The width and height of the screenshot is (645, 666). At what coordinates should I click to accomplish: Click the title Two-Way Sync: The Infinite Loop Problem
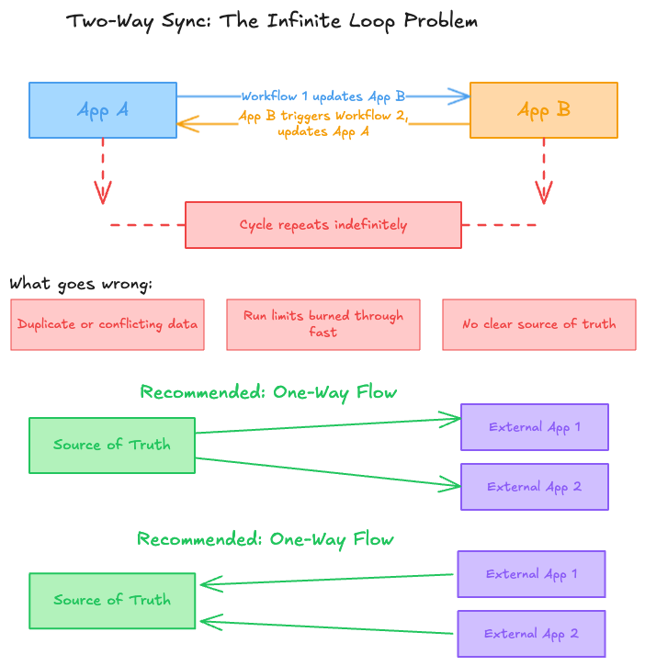click(272, 20)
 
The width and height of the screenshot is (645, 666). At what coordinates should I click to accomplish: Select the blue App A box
click(103, 110)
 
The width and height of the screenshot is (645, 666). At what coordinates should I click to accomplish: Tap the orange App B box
click(543, 110)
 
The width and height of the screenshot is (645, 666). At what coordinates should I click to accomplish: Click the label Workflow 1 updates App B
click(322, 96)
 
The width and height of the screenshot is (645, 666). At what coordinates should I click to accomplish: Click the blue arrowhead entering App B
click(459, 96)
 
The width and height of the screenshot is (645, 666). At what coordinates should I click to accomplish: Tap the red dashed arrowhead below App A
click(103, 192)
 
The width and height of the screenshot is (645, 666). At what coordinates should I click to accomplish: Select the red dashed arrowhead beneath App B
click(544, 192)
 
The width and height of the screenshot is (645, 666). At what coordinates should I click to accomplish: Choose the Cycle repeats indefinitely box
click(322, 225)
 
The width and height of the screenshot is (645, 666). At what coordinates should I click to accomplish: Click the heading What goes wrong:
click(81, 284)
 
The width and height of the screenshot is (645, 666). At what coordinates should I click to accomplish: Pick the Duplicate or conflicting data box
click(107, 324)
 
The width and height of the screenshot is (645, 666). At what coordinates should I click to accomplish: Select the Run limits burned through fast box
click(322, 324)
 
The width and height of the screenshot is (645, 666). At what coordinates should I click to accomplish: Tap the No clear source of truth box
click(538, 324)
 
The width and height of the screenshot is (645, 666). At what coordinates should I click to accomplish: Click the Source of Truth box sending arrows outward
click(111, 446)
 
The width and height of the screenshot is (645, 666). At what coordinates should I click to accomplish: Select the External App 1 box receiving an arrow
click(534, 427)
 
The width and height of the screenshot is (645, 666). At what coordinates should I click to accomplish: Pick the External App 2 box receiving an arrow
click(534, 487)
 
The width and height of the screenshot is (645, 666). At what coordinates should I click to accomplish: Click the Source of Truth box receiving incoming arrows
click(111, 601)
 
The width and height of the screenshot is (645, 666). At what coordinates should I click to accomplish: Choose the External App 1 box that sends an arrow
click(531, 574)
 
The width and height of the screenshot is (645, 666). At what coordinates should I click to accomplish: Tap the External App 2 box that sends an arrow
click(531, 634)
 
